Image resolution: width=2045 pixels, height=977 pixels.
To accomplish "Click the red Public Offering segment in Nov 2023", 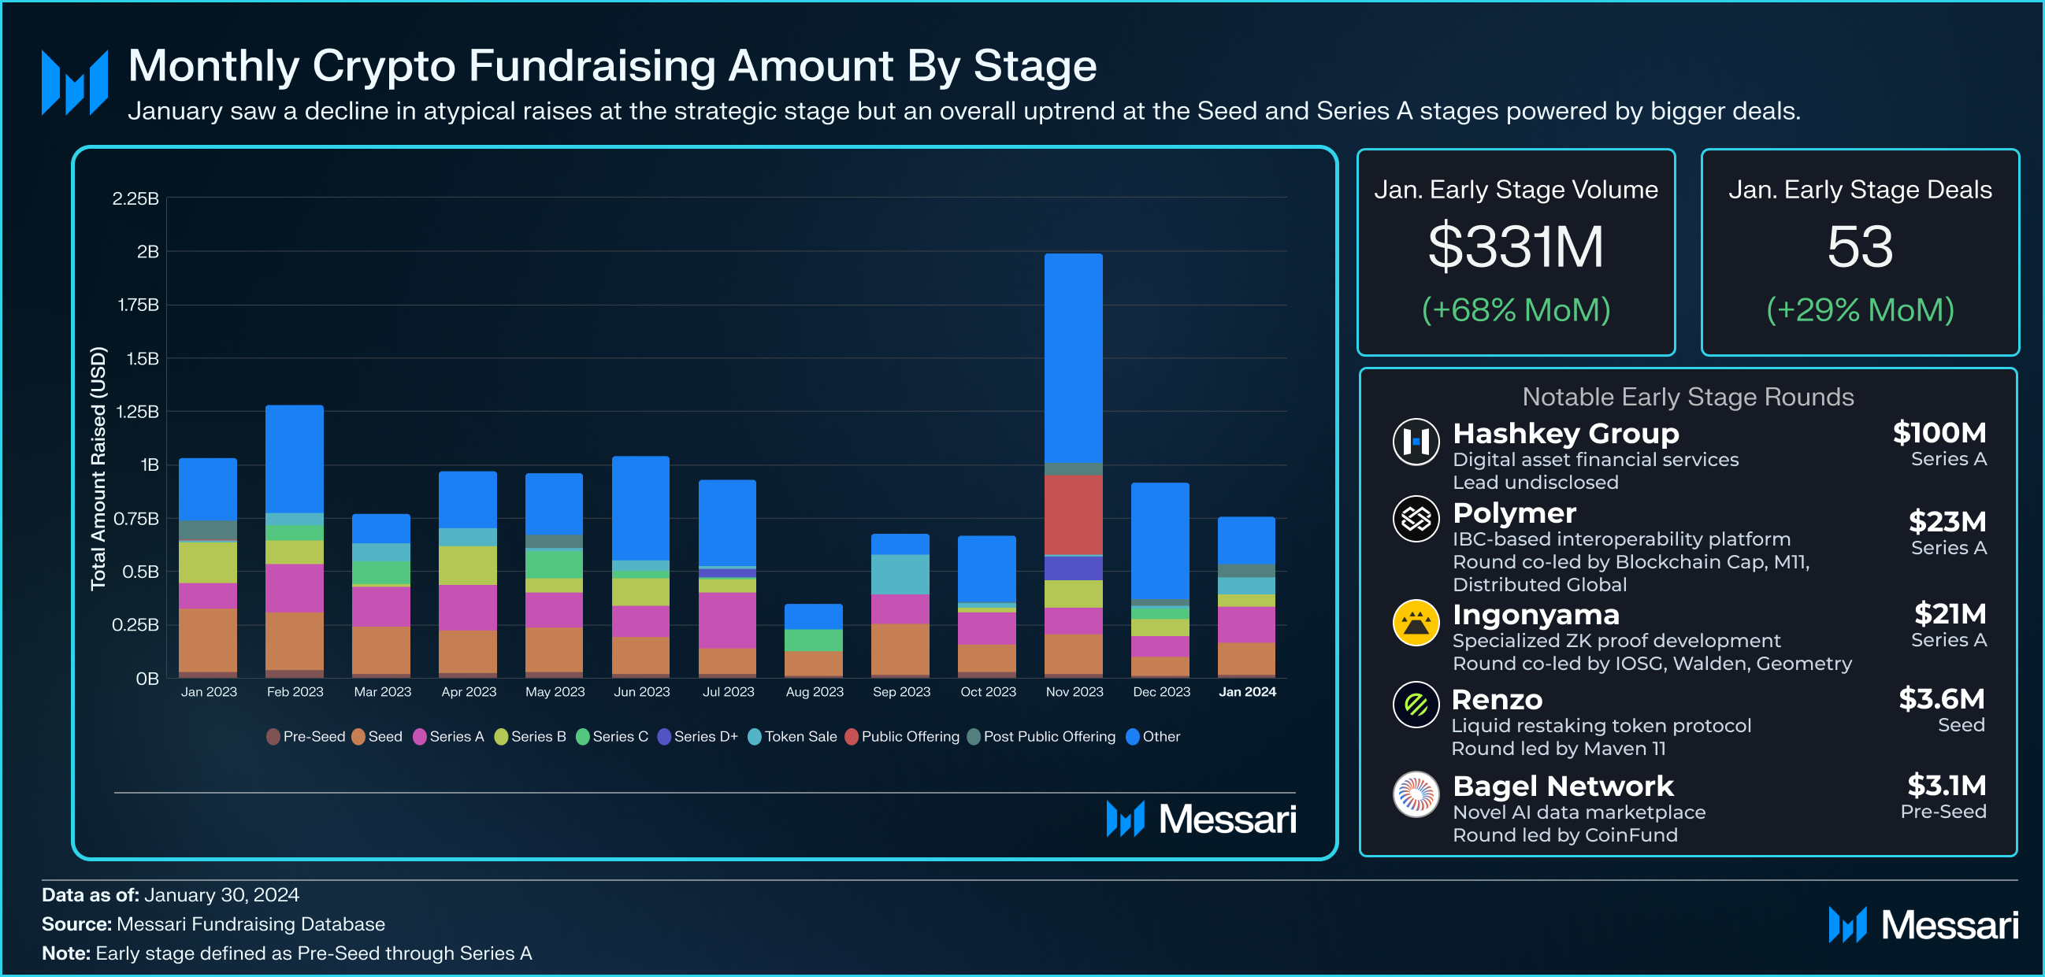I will point(1073,514).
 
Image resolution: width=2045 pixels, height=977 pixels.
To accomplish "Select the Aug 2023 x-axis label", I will point(815,692).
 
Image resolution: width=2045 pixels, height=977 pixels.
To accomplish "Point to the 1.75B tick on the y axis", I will point(138,305).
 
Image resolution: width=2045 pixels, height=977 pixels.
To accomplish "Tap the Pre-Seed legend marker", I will point(273,737).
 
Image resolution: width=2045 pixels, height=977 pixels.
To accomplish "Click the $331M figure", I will point(1516,247).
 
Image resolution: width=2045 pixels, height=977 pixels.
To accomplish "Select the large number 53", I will point(1859,247).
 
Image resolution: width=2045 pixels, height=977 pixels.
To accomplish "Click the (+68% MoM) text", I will point(1516,309).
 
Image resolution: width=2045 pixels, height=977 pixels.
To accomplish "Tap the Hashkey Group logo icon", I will point(1416,442).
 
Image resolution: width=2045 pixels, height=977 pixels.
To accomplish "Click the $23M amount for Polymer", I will point(1947,521).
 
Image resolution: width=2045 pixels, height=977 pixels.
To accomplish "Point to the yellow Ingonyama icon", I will point(1416,623).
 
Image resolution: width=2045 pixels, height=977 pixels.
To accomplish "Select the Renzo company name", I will point(1497,700).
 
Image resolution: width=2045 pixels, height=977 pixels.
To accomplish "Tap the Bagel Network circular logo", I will point(1416,794).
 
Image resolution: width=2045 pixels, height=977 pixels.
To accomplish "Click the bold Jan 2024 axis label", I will point(1247,692).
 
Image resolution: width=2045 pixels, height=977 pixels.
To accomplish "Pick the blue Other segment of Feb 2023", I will point(295,459).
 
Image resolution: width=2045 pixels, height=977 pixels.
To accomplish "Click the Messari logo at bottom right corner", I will point(1923,925).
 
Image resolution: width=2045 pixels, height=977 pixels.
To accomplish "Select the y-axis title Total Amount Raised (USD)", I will point(98,468).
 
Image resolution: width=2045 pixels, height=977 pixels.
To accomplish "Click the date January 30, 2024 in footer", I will point(221,894).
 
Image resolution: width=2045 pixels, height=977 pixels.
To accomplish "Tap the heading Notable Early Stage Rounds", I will point(1688,397).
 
